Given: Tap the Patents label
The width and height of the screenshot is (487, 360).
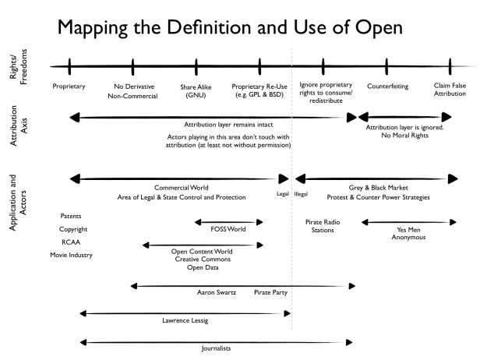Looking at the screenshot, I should click(70, 216).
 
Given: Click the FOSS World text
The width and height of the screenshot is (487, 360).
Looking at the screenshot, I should click(229, 231).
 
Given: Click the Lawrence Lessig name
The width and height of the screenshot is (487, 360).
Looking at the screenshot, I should click(185, 319).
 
